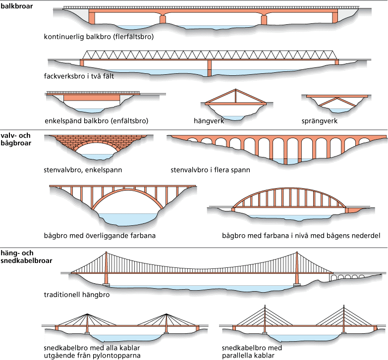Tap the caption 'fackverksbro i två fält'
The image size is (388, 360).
click(x=83, y=77)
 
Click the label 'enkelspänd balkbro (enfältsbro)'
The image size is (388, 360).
click(x=96, y=120)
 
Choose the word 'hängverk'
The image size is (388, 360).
click(x=209, y=120)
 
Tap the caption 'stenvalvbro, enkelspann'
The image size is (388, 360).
click(x=83, y=170)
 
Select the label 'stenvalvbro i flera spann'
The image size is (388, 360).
click(x=210, y=170)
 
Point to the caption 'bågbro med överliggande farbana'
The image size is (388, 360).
click(x=100, y=236)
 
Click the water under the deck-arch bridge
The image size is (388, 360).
click(x=126, y=218)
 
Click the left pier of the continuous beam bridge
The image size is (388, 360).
click(x=163, y=20)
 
